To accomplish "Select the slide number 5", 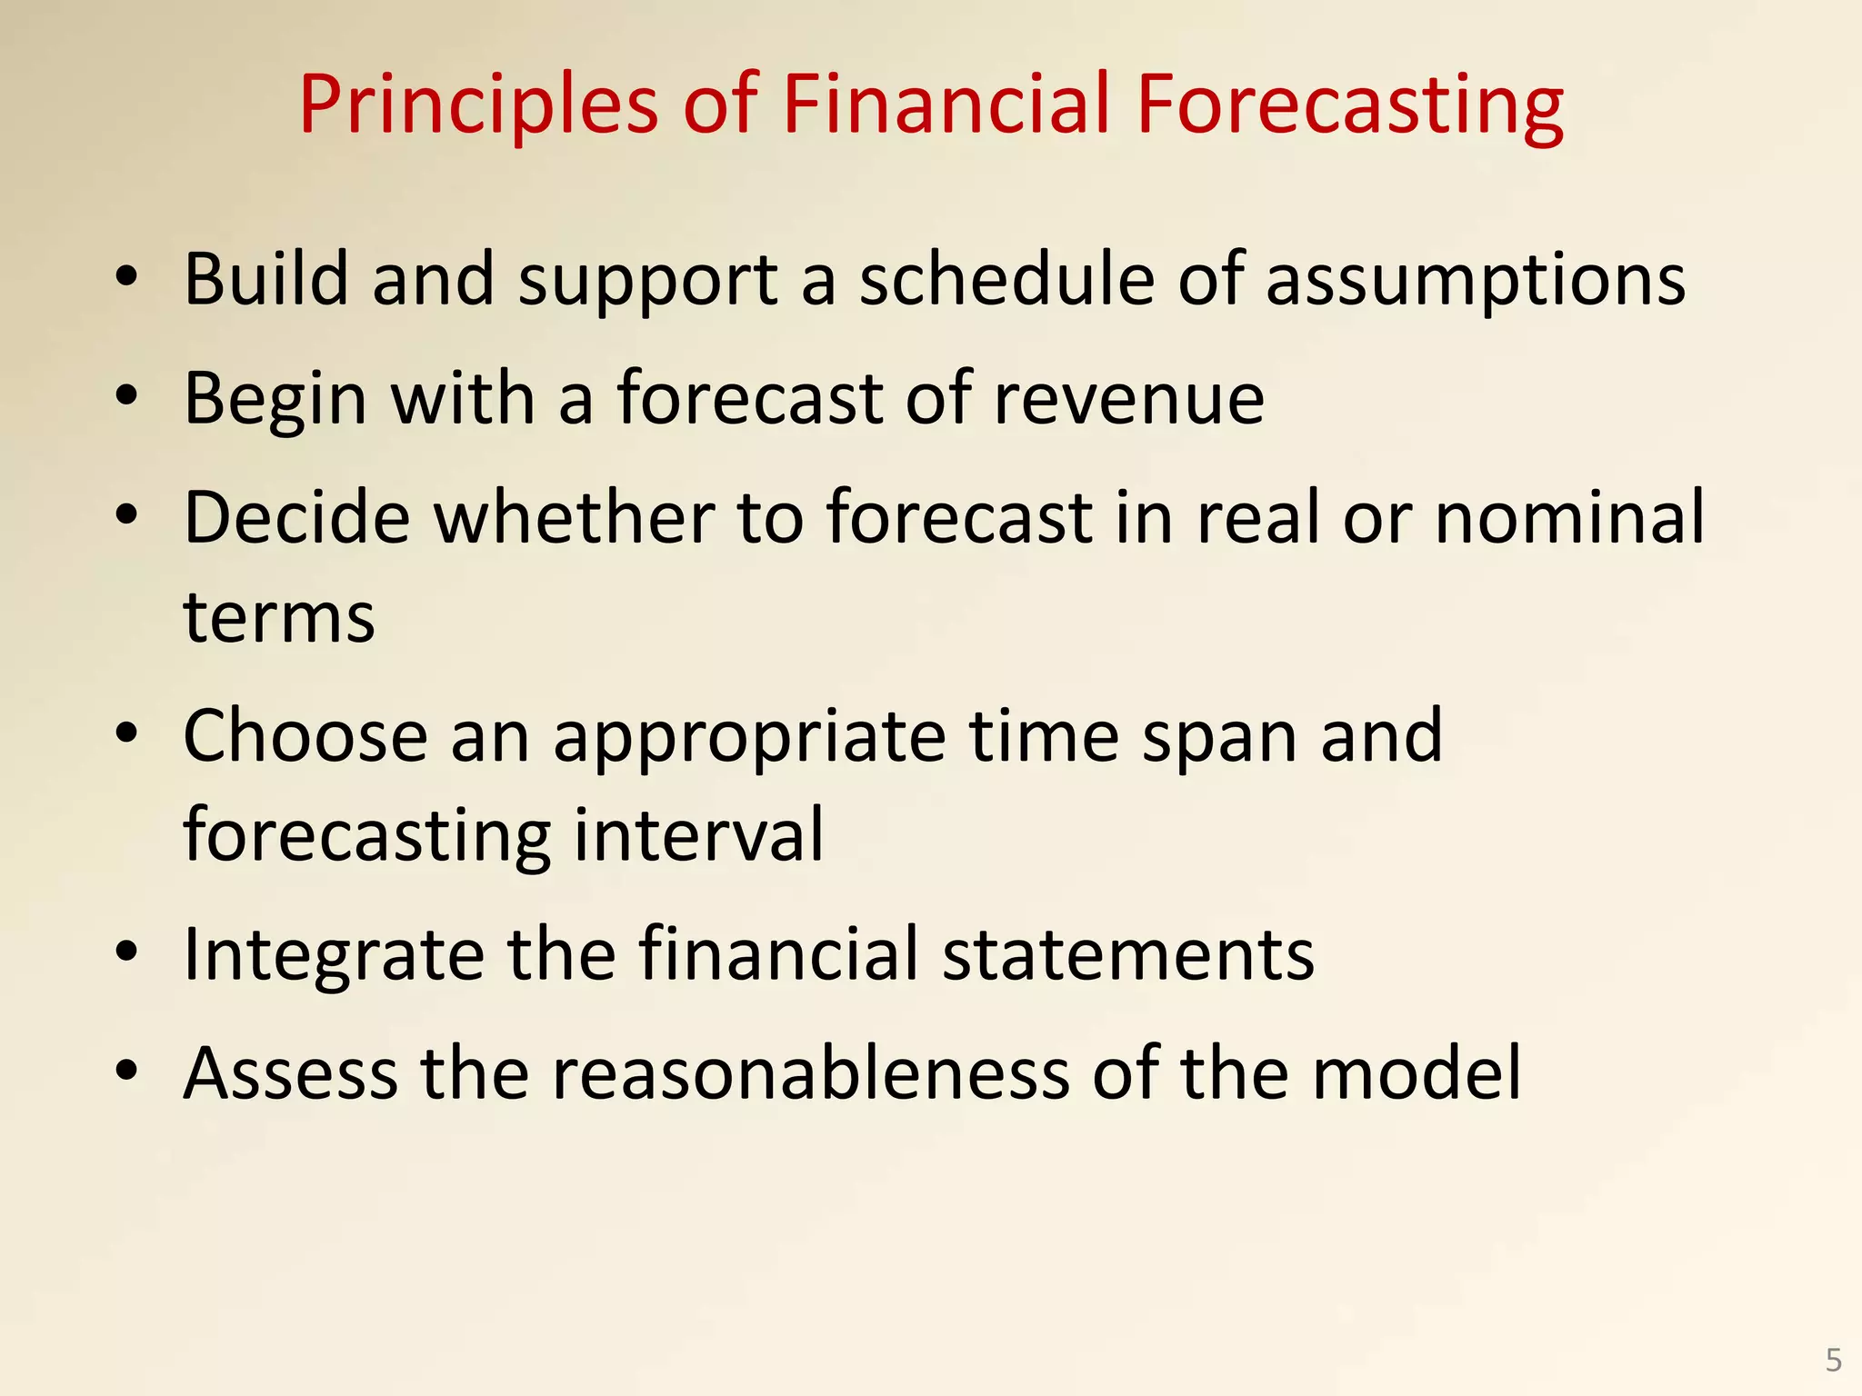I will pyautogui.click(x=1833, y=1360).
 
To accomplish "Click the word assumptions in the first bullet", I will pyautogui.click(x=1476, y=280).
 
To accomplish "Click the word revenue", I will pyautogui.click(x=1128, y=400).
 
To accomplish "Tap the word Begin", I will pyautogui.click(x=275, y=400).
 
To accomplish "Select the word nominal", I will pyautogui.click(x=1569, y=518).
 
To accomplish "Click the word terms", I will pyautogui.click(x=279, y=618).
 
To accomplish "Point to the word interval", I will pyautogui.click(x=698, y=834).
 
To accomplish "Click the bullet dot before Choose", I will pyautogui.click(x=127, y=733).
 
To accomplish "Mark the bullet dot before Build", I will pyautogui.click(x=127, y=275).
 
